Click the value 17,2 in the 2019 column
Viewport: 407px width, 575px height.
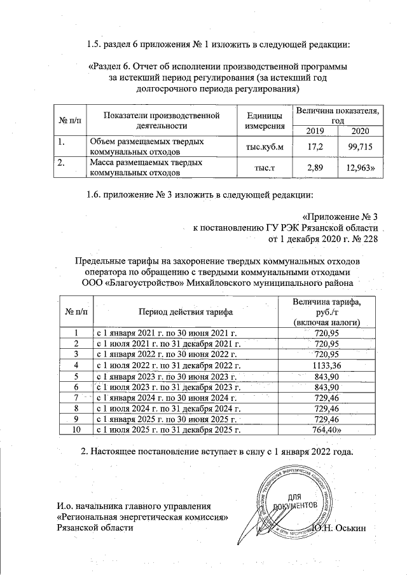coord(311,147)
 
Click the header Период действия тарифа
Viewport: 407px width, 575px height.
coord(185,312)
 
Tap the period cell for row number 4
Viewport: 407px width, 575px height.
coord(168,365)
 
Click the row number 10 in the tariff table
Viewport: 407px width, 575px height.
coord(76,430)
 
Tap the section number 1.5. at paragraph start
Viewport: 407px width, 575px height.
coord(95,44)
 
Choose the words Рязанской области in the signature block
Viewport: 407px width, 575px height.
coord(95,529)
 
